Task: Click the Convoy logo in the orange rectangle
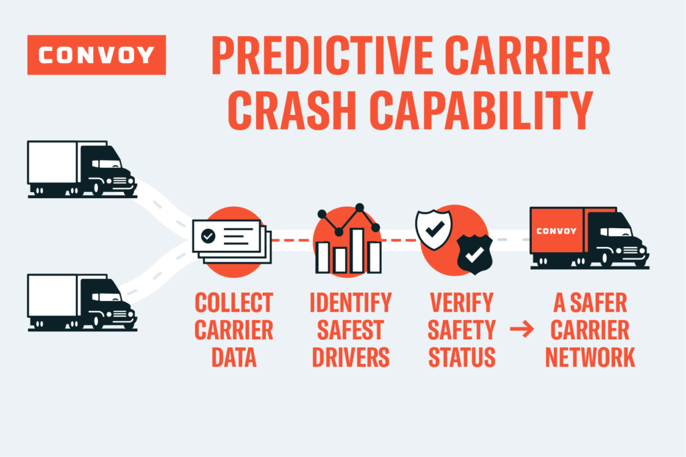point(96,55)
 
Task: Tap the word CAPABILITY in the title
point(482,110)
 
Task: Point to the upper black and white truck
point(82,169)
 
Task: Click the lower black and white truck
point(82,302)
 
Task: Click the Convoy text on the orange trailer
point(557,231)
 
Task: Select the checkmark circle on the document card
point(208,236)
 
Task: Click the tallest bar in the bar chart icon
point(358,250)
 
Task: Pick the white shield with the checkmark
point(433,229)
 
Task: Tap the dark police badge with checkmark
point(475,254)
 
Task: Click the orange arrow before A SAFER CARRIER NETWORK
point(522,329)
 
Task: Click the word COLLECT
point(234,302)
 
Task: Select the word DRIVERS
point(351,357)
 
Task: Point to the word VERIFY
point(462,302)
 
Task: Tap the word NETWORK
point(590,357)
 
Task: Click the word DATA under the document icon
point(234,357)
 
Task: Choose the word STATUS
point(462,357)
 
